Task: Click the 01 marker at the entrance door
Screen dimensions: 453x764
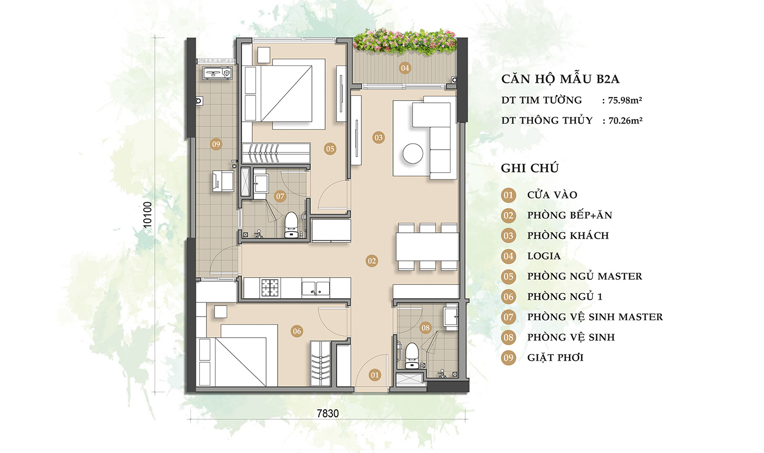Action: coord(375,375)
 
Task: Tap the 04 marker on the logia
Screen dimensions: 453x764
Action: coord(405,68)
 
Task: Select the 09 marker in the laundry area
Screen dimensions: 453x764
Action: coord(216,144)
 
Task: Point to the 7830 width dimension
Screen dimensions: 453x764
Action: coord(327,413)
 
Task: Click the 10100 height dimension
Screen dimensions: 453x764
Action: coord(148,215)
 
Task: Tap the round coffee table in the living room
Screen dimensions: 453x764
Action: coord(413,154)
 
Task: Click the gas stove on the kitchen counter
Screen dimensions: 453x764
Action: coord(270,288)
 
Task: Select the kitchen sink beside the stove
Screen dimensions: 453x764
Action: coord(316,288)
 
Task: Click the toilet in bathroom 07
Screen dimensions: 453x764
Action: coord(290,225)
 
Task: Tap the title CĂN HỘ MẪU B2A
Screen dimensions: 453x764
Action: coord(560,80)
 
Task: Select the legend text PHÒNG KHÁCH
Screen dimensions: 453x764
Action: coord(568,235)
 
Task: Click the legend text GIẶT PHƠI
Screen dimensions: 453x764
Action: coord(555,358)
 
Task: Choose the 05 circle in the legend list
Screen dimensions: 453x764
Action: coord(508,277)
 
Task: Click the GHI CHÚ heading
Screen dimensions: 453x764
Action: coord(530,168)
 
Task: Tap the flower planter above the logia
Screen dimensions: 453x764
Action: coord(405,41)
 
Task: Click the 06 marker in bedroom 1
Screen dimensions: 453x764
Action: coord(297,331)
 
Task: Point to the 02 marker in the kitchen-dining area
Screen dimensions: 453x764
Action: coord(372,261)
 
